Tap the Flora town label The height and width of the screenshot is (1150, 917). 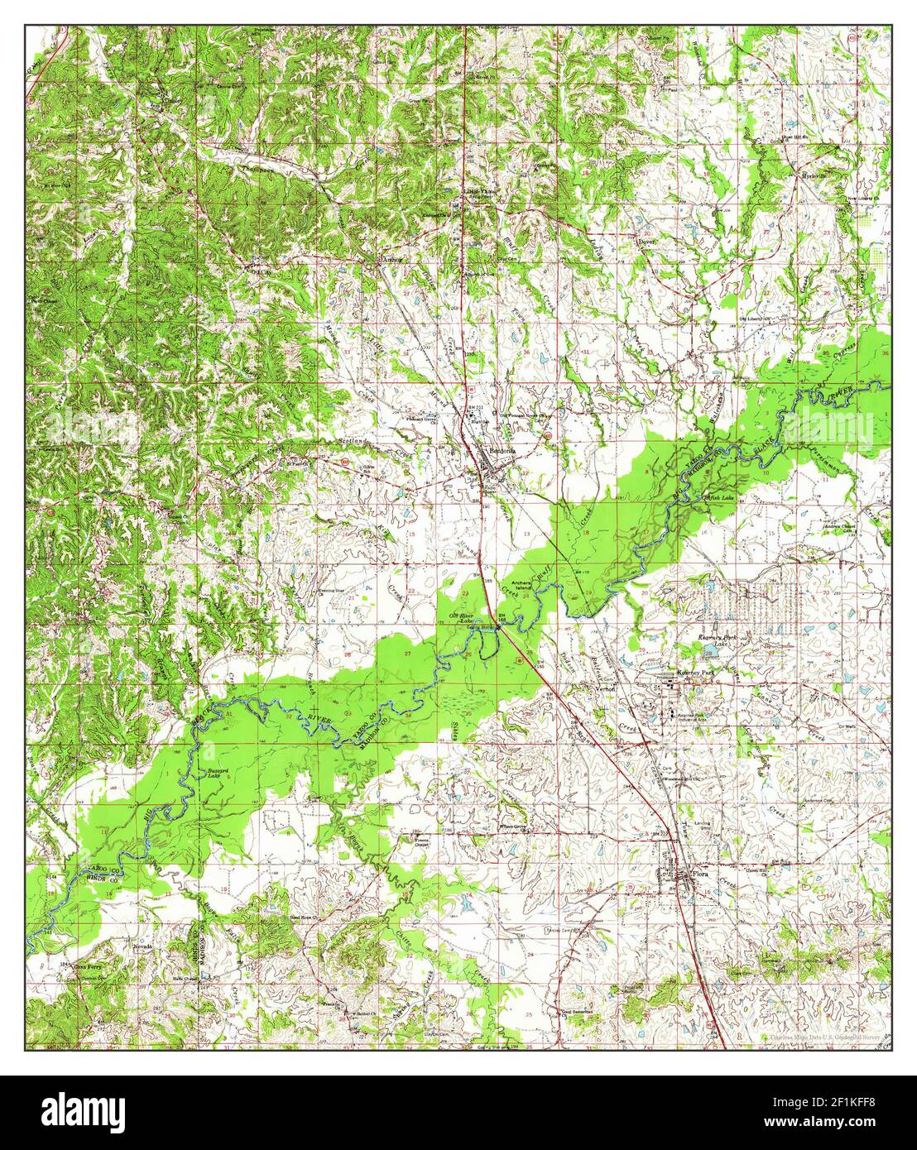pos(701,874)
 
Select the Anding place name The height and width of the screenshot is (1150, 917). pos(391,258)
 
